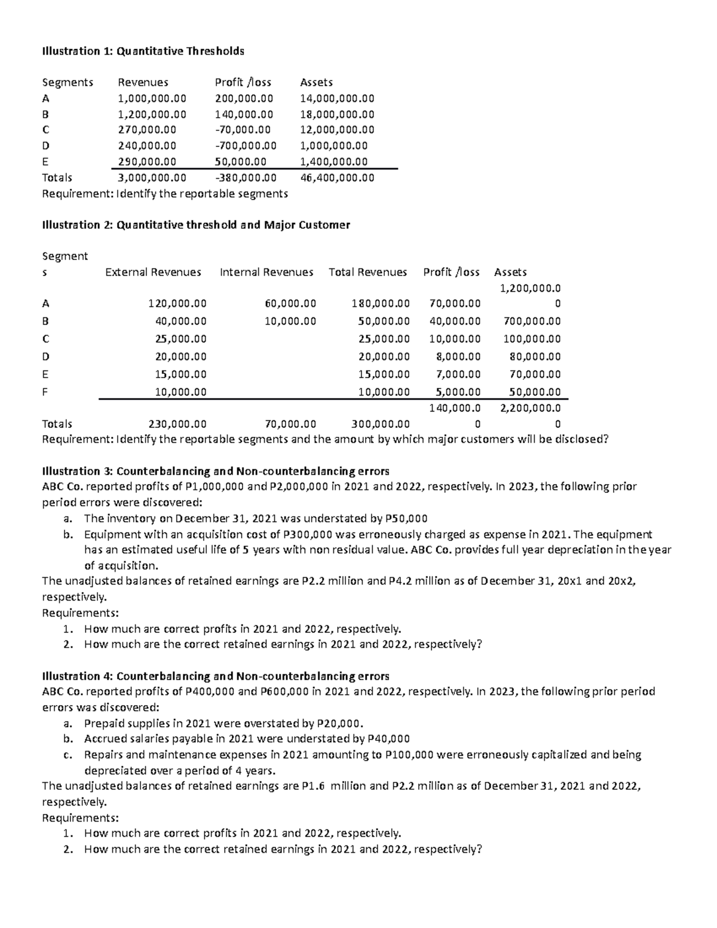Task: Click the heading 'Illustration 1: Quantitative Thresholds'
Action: [143, 51]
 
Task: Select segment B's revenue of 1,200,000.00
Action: [152, 114]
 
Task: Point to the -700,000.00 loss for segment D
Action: [246, 145]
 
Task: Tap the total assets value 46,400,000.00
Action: [337, 177]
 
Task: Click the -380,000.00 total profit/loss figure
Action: [246, 177]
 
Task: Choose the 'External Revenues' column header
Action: [153, 272]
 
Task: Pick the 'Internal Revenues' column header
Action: [266, 272]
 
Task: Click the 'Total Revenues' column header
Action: [367, 272]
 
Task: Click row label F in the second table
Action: [45, 393]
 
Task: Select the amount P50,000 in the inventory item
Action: [406, 518]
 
